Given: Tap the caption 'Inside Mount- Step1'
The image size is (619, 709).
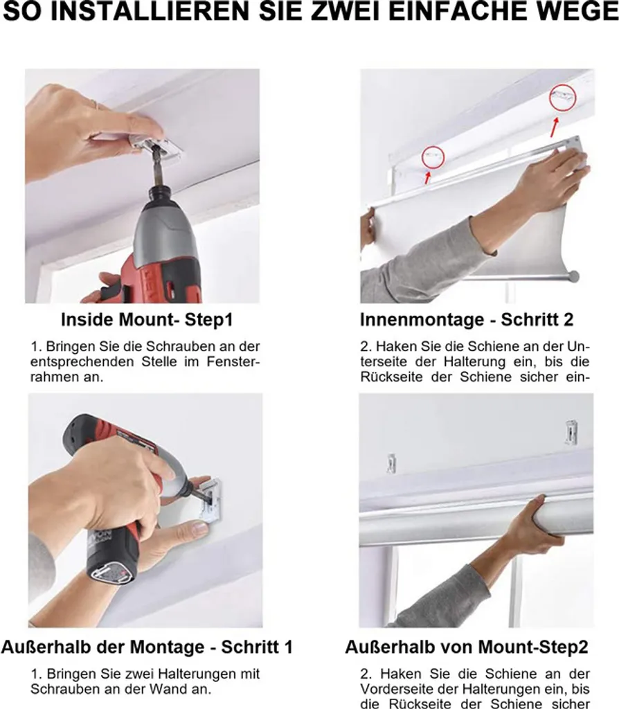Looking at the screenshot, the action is tap(147, 320).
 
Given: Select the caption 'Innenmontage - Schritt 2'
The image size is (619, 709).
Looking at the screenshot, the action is tap(467, 320).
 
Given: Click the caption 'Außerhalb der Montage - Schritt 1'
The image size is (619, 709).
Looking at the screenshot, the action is tap(147, 647).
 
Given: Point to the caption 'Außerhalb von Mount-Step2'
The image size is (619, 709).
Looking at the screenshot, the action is tap(467, 647).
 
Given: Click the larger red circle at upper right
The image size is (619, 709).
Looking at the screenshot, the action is tap(562, 97).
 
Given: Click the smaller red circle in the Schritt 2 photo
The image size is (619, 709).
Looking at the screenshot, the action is tap(433, 157).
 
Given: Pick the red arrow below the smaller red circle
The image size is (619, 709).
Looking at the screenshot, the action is tap(427, 177).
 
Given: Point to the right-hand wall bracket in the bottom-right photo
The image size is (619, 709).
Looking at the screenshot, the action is tap(571, 432).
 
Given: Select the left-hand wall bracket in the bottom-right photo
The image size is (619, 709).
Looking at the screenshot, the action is tap(392, 463).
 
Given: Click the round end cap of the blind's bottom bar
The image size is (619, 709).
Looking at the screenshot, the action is tap(574, 276).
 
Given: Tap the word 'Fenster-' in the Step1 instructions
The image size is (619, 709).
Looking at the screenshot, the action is tap(233, 361).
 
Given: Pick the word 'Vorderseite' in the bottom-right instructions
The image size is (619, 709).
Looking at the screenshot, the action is tap(397, 689).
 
